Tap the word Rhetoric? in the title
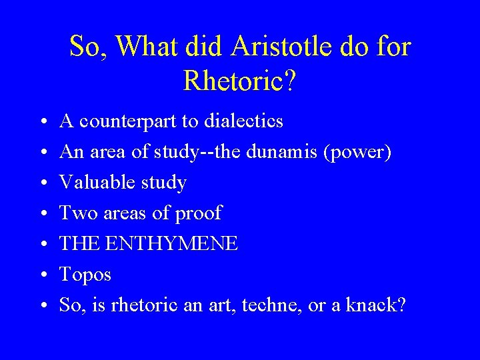240,81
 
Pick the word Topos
85,275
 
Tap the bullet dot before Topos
42,275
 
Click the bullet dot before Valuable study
42,183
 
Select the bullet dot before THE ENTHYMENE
42,244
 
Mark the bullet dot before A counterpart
42,122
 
